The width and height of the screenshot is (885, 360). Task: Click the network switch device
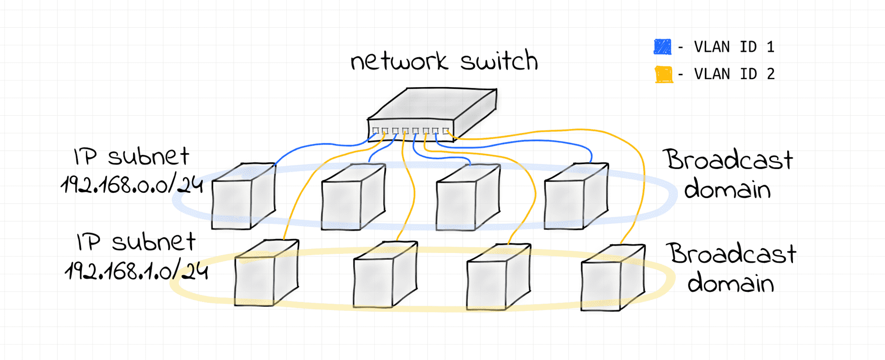(432, 114)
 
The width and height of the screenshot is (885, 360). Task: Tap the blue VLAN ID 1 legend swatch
(662, 47)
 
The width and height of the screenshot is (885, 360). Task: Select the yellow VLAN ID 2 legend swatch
(663, 74)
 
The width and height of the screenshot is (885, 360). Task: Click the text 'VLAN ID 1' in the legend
(734, 47)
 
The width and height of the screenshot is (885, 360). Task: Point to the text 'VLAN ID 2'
(734, 74)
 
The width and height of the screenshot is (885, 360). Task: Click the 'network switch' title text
(444, 61)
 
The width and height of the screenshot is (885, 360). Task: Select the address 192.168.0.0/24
(132, 184)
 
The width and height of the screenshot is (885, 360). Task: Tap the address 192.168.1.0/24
(136, 270)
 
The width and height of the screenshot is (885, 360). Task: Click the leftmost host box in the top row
(243, 196)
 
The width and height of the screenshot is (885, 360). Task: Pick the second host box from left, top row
(353, 197)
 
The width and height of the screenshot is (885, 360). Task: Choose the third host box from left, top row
(468, 197)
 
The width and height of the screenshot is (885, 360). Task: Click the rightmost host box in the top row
(576, 196)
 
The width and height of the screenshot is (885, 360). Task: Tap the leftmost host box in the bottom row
(267, 273)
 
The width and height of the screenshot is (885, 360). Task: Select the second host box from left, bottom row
(385, 274)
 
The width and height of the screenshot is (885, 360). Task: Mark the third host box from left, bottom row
(499, 276)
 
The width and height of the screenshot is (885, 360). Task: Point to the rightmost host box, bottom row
(613, 277)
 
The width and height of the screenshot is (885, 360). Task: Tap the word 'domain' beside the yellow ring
(731, 283)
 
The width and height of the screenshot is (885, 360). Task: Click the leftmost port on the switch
(375, 131)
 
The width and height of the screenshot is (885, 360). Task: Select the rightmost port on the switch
(446, 131)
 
